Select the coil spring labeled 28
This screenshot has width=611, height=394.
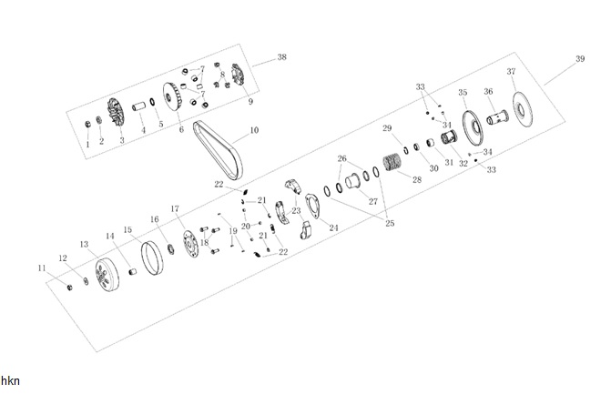pos(392,162)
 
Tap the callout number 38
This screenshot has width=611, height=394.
pos(281,56)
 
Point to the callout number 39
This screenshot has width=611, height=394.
pos(580,59)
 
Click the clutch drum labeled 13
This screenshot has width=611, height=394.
pos(107,275)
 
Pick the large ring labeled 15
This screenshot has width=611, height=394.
pos(152,258)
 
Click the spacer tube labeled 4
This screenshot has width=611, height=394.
pos(138,106)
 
